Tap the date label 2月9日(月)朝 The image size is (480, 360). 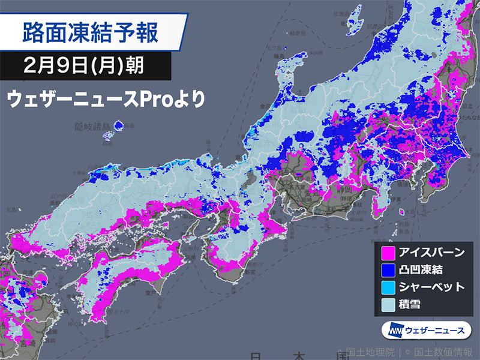coord(83,65)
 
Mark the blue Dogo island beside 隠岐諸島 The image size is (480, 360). coord(118,125)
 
